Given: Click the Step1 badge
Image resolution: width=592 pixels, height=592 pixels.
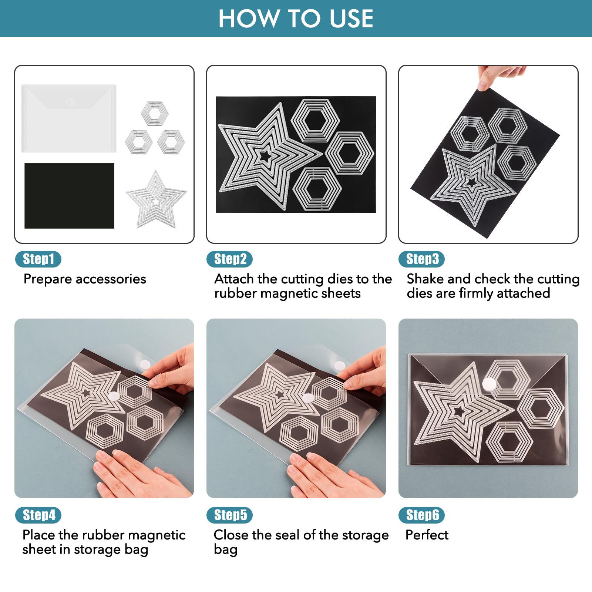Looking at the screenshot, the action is (38, 259).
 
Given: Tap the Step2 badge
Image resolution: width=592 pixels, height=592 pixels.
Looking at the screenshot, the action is (229, 259).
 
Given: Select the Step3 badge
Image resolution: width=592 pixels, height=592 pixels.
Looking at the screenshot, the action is (421, 259).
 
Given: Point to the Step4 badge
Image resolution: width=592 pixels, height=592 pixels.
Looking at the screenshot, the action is (38, 515).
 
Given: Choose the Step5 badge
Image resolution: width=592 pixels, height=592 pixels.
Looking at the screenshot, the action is (229, 515).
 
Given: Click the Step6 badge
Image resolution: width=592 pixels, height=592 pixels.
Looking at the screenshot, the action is (421, 515).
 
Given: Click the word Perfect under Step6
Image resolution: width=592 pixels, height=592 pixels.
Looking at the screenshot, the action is (427, 535).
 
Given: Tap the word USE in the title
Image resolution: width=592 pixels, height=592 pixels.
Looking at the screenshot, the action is (351, 18).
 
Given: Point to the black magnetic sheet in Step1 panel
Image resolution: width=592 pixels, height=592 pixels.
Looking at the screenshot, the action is (69, 196).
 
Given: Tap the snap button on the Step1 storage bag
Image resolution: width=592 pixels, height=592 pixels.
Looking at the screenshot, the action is (70, 102).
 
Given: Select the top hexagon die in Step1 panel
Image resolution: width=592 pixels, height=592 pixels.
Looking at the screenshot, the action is (155, 113).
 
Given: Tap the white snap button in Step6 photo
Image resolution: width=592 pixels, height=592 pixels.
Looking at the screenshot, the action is (489, 385).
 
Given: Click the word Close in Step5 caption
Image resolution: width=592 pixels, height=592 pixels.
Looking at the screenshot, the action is (231, 535).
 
